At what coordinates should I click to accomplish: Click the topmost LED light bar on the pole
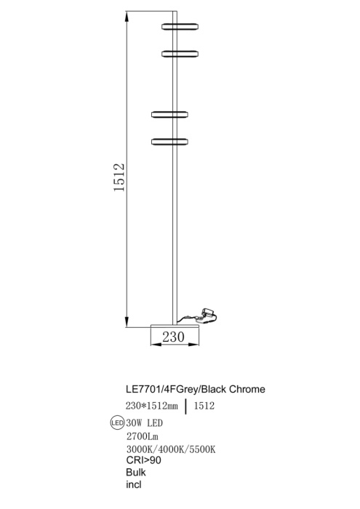tap(180, 26)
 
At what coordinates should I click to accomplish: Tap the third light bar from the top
tap(171, 113)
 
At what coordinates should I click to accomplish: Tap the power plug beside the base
tap(210, 313)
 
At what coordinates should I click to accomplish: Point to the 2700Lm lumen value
tap(142, 437)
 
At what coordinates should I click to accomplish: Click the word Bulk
tap(135, 473)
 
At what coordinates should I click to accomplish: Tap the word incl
tap(133, 485)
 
